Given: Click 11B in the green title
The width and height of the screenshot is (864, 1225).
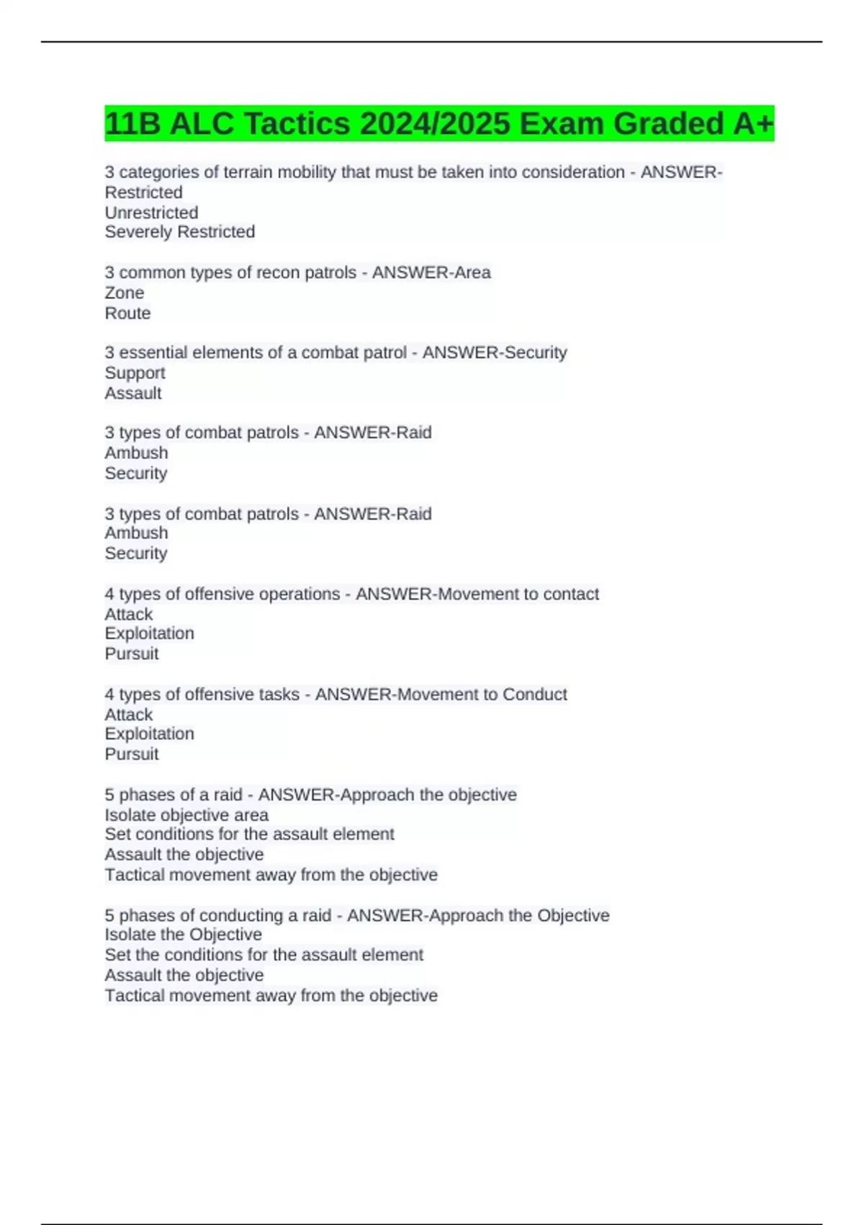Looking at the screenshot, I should (x=132, y=123).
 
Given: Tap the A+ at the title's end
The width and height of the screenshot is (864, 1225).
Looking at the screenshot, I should (x=753, y=123).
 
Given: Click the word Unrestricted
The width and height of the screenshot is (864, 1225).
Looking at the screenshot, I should (x=151, y=213).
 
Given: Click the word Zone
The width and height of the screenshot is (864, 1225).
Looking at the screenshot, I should (x=124, y=293).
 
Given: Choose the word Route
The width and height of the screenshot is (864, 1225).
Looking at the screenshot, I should (x=127, y=313).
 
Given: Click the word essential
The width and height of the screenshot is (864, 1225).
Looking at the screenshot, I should (x=153, y=352).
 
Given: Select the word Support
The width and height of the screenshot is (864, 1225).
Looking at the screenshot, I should (x=135, y=373).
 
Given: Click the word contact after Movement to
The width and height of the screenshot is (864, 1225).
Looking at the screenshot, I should (x=571, y=594).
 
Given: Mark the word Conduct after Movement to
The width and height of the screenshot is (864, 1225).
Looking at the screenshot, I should (x=534, y=694).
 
